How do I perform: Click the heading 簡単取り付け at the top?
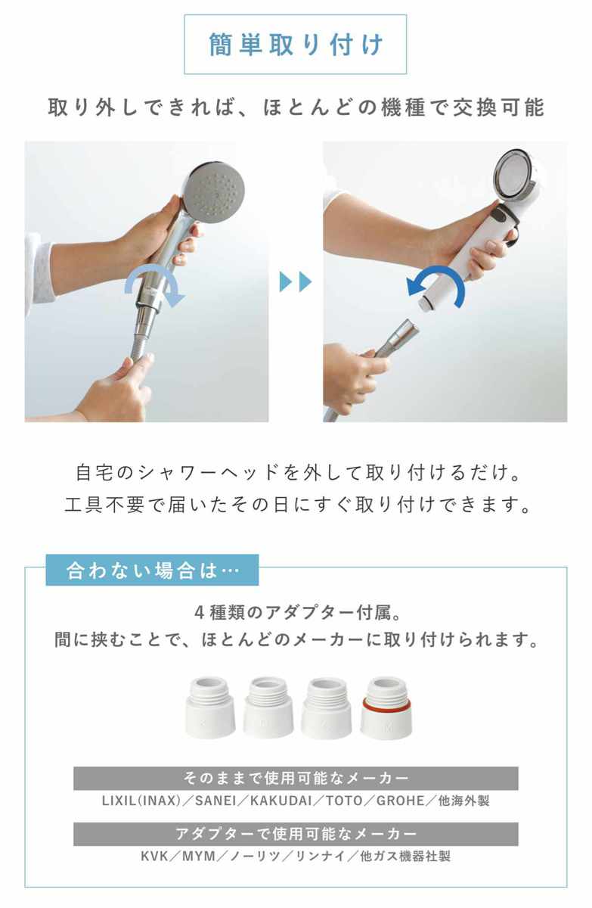point(296,44)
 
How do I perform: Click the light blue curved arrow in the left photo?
point(154,286)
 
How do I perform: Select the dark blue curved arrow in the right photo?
point(436,286)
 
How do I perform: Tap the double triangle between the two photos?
point(296,281)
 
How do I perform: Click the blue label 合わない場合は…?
point(152,570)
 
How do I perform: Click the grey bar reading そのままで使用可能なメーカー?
point(296,779)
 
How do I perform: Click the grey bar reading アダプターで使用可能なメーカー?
point(296,834)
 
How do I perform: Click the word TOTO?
point(344,801)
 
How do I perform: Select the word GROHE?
point(400,801)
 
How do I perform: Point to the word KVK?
point(154,856)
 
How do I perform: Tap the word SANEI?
point(215,801)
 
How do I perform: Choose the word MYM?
point(199,856)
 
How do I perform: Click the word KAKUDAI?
point(281,801)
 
